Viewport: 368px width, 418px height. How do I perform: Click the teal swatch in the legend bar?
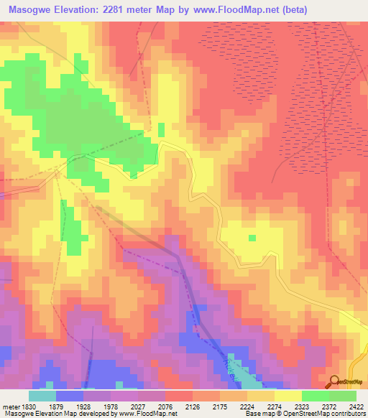[42, 396]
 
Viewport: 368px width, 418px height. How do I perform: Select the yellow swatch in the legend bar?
[287, 396]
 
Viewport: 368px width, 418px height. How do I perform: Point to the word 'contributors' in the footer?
[349, 414]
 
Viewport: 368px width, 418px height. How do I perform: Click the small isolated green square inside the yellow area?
[252, 238]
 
